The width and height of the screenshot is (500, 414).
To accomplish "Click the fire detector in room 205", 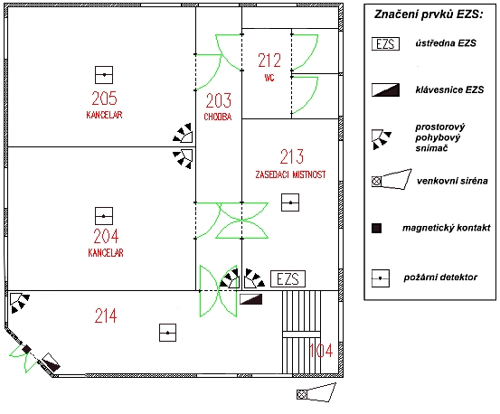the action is pos(104,75).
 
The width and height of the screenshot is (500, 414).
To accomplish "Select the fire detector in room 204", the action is pos(104,216).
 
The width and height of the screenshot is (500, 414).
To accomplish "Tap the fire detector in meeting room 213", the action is pos(290,202).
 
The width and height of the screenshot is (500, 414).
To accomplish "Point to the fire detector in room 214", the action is pos(168,333).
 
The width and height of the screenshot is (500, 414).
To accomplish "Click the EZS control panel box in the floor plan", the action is pos(288,279).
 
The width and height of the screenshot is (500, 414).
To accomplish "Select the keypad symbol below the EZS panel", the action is pos(251,299).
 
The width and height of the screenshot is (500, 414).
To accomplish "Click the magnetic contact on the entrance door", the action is pos(26,349).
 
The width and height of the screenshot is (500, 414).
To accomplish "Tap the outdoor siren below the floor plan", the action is pos(316,393).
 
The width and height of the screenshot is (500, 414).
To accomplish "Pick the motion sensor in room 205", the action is pos(183,133).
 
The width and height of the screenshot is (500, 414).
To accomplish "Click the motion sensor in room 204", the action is pos(183,158).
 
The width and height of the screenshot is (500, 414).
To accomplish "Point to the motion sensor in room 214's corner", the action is pos(19,303).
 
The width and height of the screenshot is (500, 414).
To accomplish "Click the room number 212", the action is pos(269,61).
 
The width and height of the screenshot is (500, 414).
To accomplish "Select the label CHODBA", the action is pos(218,117).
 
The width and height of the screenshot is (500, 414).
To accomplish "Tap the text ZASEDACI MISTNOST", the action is pos(290,174).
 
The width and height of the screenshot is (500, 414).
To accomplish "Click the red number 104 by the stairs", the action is pos(321,351).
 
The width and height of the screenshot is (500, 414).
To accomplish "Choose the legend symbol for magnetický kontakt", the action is pos(377,228).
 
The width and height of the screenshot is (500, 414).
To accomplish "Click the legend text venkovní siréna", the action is pos(452,181).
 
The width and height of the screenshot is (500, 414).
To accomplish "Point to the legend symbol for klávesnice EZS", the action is pos(385,89).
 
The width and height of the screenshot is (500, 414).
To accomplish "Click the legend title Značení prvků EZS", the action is pos(429,14).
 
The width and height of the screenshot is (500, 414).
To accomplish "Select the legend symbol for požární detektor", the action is pos(381,278).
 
